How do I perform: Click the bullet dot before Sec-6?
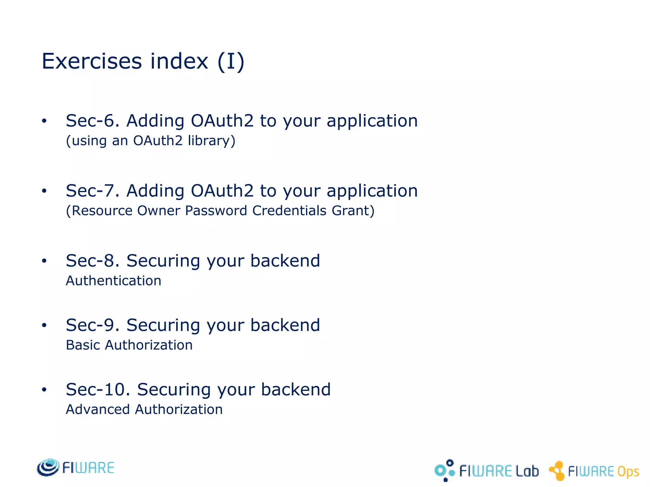coord(44,121)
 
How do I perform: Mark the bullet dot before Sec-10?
coord(44,390)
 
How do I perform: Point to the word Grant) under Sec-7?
coord(353,211)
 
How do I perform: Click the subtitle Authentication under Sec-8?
coord(113,281)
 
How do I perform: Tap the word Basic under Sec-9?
coord(83,345)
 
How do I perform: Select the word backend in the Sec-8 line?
coord(285,261)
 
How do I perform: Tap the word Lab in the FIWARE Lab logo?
coord(527,471)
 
